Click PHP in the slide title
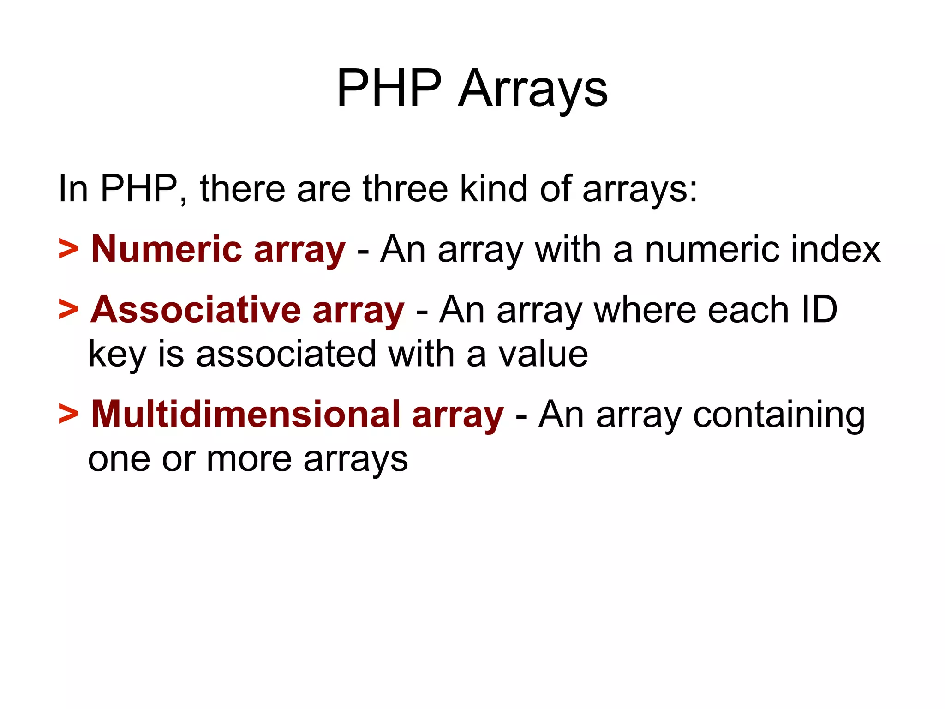[389, 88]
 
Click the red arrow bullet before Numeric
[68, 249]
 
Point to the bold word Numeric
[167, 249]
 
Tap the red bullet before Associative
[68, 310]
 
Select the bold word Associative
[196, 310]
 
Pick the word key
[117, 354]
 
